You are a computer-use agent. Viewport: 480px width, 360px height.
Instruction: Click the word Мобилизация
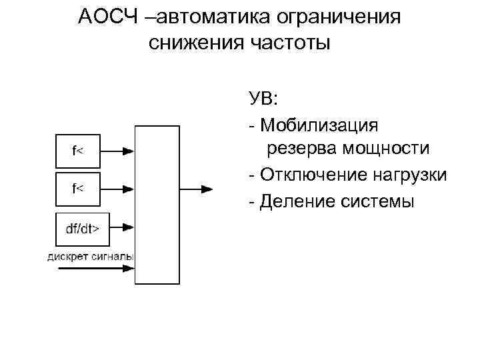click(319, 125)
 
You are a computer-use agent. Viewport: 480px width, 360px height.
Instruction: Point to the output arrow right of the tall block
click(197, 190)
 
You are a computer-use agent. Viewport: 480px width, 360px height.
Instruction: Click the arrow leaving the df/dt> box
click(119, 229)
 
